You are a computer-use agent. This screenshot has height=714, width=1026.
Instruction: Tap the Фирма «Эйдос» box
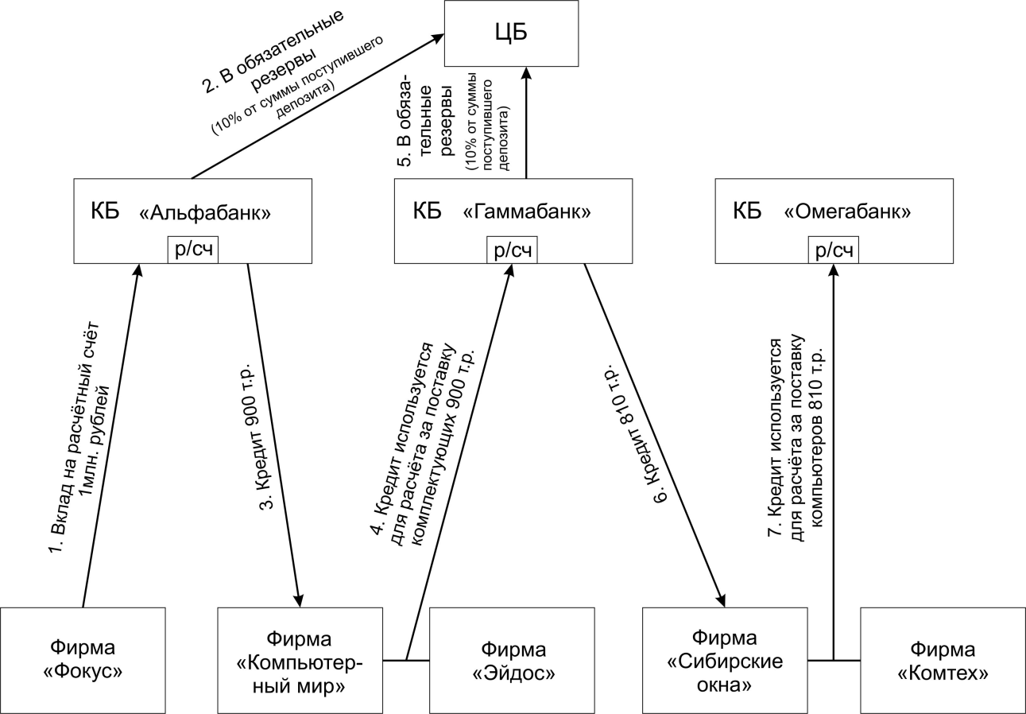tap(512, 659)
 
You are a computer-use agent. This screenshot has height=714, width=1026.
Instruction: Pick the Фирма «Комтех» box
tap(943, 659)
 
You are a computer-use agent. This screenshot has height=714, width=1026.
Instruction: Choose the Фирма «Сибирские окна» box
tap(726, 659)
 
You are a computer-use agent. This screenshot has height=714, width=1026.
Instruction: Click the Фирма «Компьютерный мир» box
tap(300, 659)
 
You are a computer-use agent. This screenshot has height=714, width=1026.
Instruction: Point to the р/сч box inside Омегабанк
tap(834, 250)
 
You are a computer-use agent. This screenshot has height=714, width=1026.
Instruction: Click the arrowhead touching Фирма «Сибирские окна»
tap(722, 601)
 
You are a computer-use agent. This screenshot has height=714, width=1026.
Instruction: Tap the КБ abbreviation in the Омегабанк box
tap(746, 212)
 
